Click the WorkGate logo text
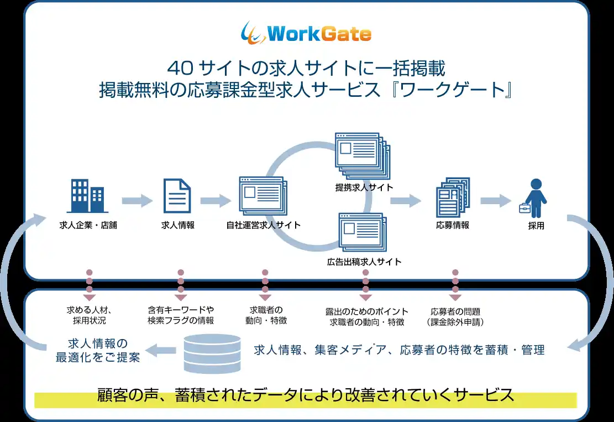coord(318,34)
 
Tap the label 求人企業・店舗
coord(88,225)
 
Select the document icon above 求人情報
coord(177,196)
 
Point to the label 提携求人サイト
coord(364,187)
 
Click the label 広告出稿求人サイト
coord(364,261)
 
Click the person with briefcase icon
coord(534,197)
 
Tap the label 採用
coord(536,226)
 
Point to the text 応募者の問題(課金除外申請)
coord(455,316)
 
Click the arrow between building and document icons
coord(137,200)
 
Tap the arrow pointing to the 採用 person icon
coord(495,200)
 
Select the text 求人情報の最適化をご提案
coord(97,350)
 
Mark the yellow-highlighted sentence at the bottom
coord(306,396)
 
